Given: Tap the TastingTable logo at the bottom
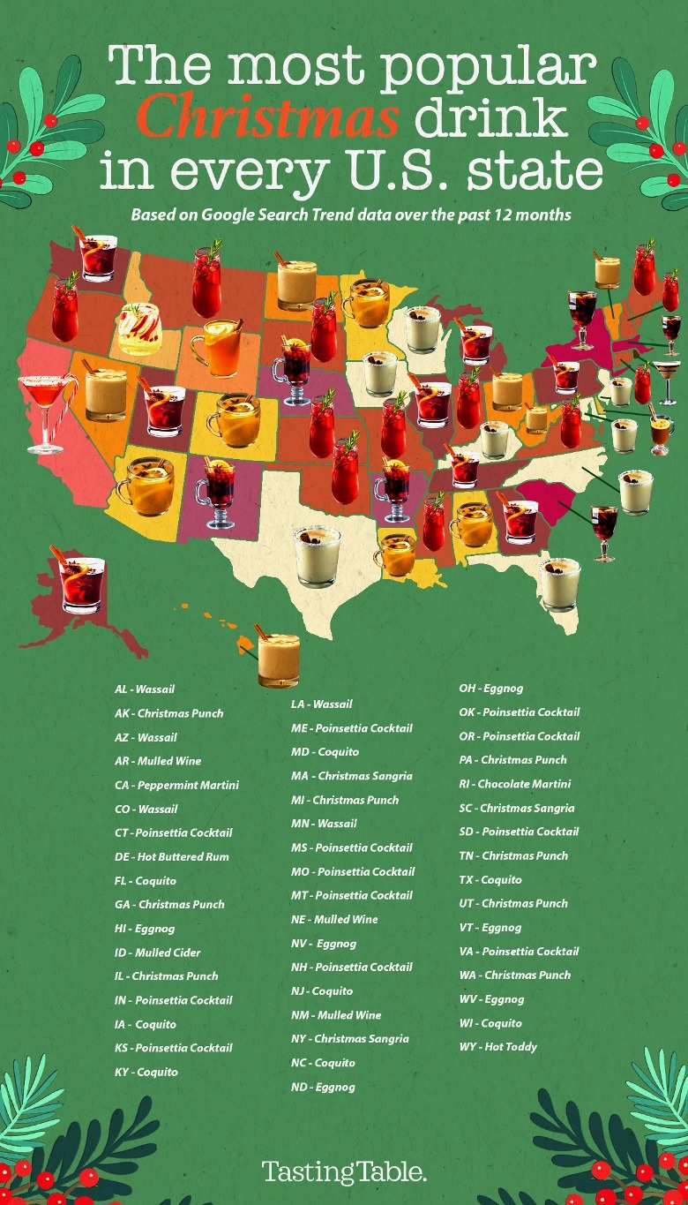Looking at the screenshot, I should (344, 1172).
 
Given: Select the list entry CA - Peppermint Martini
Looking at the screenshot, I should (176, 785).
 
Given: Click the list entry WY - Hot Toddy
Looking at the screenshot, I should (497, 1047).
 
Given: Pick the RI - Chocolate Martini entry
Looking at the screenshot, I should (514, 784).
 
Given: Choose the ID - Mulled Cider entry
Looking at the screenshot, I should (157, 953).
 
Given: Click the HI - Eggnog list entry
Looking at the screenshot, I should (145, 929).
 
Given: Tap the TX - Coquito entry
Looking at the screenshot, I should (490, 880).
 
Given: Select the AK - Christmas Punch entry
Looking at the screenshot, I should (168, 713).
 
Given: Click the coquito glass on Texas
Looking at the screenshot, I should (317, 556).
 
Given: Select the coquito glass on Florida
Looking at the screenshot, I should (559, 583).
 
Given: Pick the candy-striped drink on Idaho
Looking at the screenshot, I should (140, 328).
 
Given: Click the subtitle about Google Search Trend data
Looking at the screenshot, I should (352, 215).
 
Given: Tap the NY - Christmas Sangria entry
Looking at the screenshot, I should (349, 1039).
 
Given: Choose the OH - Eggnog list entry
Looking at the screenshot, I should (490, 689).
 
